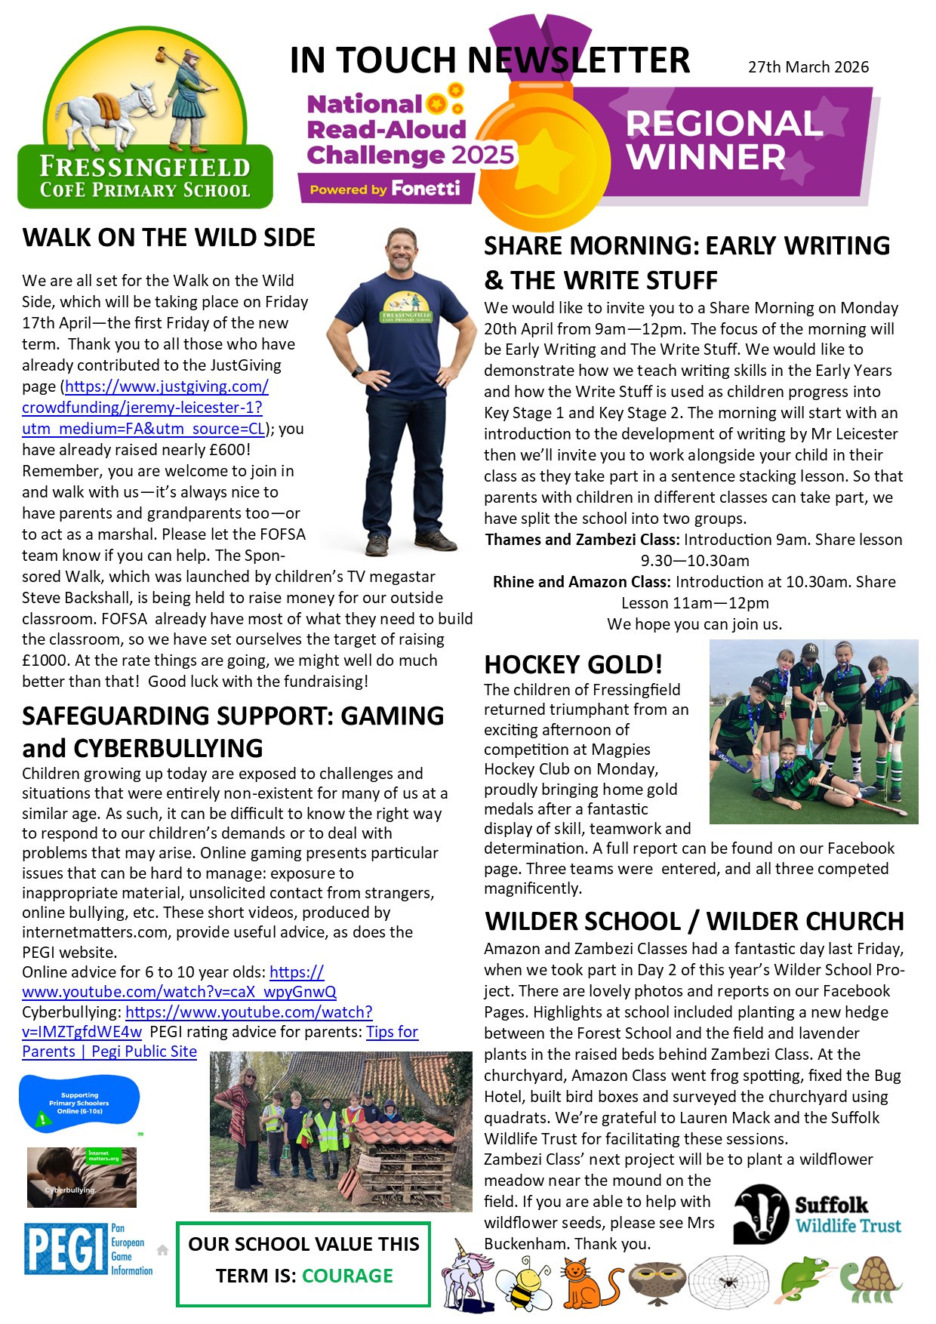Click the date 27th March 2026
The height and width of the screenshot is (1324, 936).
click(808, 67)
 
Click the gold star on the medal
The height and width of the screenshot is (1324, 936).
click(545, 161)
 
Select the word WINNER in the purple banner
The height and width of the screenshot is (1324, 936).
click(705, 157)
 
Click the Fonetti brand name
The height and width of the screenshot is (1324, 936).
click(426, 189)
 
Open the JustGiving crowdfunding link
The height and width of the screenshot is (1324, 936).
click(144, 408)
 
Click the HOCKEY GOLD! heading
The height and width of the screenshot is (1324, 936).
click(573, 664)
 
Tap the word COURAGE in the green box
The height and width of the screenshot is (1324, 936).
click(347, 1276)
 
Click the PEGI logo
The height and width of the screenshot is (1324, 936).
click(66, 1249)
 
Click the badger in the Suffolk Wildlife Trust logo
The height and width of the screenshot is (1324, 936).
click(761, 1213)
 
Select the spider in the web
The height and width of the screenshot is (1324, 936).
click(729, 1282)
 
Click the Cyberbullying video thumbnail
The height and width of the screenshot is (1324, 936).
click(82, 1178)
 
